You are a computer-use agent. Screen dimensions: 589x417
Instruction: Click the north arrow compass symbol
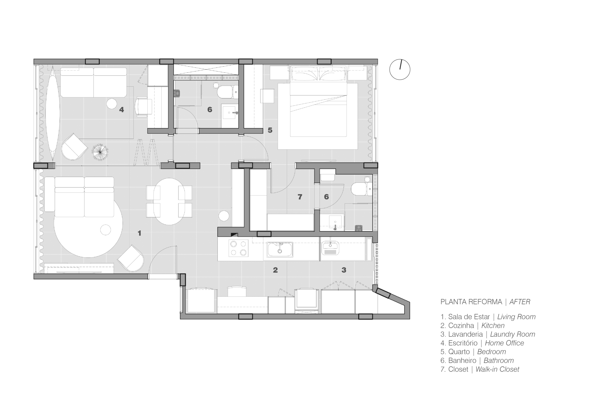(400, 69)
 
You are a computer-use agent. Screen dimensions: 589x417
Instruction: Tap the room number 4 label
(122, 110)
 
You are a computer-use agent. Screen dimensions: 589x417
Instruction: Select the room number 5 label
(270, 130)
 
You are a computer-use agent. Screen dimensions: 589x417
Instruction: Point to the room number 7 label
(300, 197)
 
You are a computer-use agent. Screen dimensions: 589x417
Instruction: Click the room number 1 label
(140, 233)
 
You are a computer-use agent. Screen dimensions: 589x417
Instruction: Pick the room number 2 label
(275, 270)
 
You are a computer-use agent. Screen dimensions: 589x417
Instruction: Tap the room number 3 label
(344, 270)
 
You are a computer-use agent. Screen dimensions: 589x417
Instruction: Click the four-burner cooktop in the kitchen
(238, 248)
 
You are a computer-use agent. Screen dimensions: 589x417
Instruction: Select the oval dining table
(169, 201)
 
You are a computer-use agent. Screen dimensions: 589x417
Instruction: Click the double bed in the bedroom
(318, 102)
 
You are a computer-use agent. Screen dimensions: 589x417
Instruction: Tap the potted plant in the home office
(100, 153)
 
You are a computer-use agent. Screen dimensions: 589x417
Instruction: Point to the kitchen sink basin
(280, 249)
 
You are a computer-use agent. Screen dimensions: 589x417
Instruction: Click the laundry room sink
(331, 248)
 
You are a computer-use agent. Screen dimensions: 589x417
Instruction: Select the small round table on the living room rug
(105, 230)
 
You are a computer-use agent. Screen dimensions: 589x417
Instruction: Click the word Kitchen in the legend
(493, 326)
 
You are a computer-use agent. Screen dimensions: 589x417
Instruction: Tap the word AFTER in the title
(520, 302)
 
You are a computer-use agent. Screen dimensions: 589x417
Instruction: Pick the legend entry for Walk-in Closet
(480, 369)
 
